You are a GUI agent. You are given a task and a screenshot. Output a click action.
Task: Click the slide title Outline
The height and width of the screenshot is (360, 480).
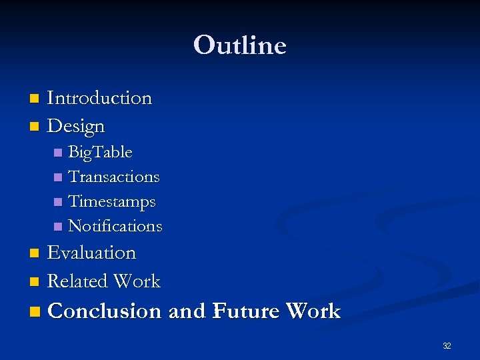coord(239,45)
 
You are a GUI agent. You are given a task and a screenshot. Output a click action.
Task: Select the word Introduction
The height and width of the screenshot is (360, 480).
coord(99,98)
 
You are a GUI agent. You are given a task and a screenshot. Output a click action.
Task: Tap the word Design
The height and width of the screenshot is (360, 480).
coord(76,125)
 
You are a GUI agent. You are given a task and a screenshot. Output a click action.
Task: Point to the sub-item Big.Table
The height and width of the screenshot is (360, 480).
coord(100,153)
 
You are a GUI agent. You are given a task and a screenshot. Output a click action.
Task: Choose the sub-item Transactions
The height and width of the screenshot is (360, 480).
coord(114,177)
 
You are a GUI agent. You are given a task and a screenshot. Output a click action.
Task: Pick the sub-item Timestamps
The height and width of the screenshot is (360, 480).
coord(112,201)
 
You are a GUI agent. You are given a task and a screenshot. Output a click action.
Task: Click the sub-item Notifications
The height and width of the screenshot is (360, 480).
coord(115,226)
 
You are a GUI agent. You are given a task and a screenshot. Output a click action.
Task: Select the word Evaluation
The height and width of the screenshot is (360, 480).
coord(91,253)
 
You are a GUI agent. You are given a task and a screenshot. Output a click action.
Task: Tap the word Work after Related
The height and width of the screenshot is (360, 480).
coord(137,281)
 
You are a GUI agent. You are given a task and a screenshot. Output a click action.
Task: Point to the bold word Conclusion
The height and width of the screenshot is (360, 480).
coord(105,311)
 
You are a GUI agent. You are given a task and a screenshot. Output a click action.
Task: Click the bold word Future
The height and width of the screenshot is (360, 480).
coord(245,311)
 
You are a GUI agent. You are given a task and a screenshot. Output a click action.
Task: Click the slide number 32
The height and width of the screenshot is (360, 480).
coord(446,346)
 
